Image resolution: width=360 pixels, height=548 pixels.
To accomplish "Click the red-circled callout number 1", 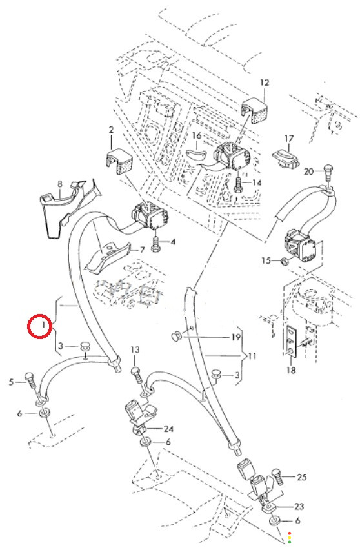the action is point(43,325).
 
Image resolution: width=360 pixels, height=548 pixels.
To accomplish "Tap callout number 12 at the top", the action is point(265,83).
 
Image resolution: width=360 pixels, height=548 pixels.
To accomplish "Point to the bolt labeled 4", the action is point(155,244).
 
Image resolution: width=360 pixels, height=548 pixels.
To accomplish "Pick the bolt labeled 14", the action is point(238,184).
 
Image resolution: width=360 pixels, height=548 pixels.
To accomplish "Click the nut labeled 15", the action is point(285,260).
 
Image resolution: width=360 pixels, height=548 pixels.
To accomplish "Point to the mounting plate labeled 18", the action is point(292,341).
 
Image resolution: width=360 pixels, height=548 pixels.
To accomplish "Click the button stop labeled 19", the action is point(176,336).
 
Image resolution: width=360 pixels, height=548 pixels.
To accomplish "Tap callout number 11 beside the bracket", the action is point(252,357).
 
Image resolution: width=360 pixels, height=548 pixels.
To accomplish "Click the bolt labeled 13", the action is point(137,376).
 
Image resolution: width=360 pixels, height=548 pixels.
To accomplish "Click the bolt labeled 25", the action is point(277,476).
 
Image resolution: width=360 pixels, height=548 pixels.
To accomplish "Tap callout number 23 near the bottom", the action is point(299,506).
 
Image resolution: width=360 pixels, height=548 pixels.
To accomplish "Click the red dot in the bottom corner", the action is point(290,533).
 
